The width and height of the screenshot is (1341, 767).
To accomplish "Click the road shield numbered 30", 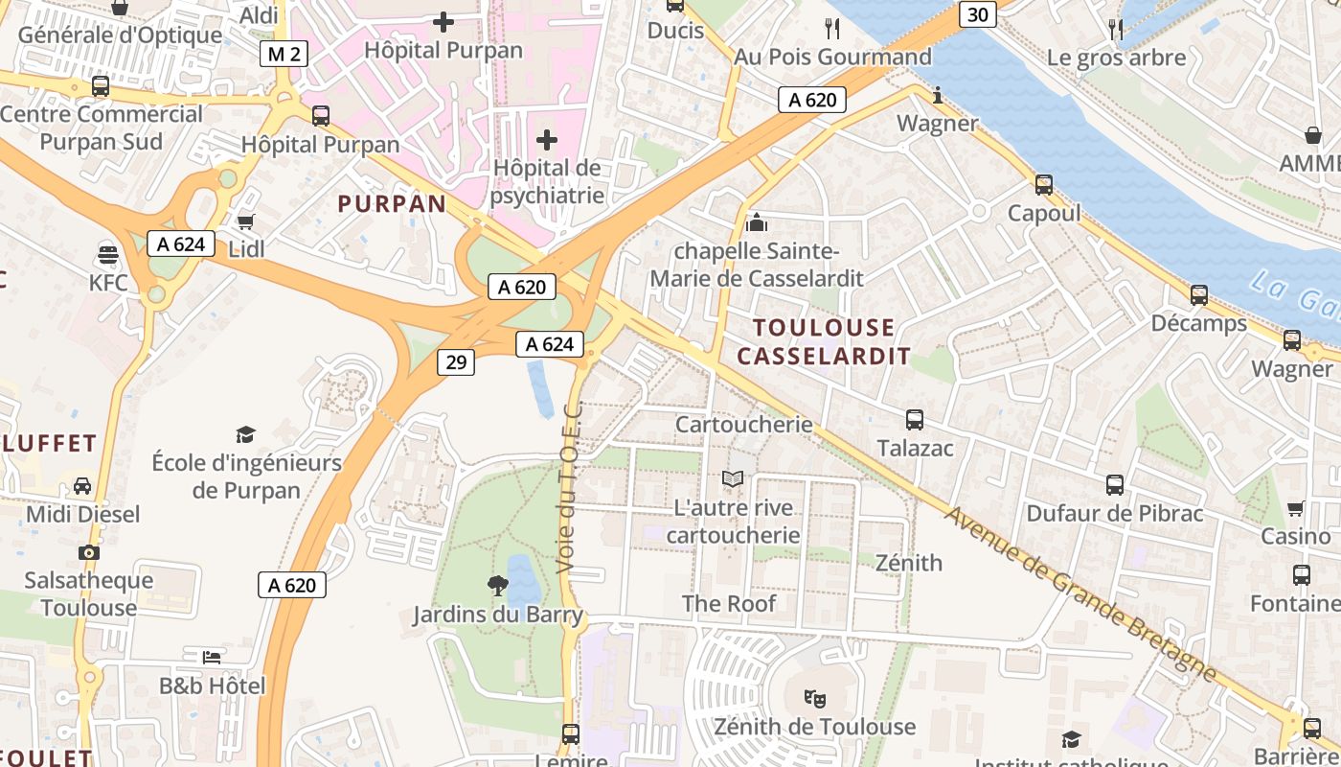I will pyautogui.click(x=977, y=14).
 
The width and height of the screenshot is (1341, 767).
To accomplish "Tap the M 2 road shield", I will pyautogui.click(x=284, y=54).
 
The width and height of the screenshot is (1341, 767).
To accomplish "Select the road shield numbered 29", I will pyautogui.click(x=457, y=361).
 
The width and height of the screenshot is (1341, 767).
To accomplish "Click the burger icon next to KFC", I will pyautogui.click(x=107, y=255).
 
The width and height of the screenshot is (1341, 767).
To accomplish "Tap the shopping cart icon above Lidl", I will pyautogui.click(x=246, y=221).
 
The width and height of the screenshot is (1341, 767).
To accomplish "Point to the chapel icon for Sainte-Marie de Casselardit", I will pyautogui.click(x=757, y=223).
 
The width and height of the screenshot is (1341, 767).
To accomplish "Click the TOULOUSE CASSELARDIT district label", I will pyautogui.click(x=824, y=342).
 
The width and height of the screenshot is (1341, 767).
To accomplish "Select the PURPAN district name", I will pyautogui.click(x=392, y=203).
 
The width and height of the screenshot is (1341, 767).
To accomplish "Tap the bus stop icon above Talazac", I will pyautogui.click(x=915, y=419).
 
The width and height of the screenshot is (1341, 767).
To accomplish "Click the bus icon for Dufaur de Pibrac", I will pyautogui.click(x=1115, y=485).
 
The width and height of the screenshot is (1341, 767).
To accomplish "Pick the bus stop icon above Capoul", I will pyautogui.click(x=1044, y=185).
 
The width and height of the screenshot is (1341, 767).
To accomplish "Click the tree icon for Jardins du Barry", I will pyautogui.click(x=497, y=585).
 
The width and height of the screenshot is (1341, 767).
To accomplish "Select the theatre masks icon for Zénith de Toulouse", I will pyautogui.click(x=814, y=698).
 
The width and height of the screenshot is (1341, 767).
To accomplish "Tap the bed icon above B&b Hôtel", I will pyautogui.click(x=212, y=657).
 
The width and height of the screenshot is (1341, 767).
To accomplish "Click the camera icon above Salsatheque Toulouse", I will pyautogui.click(x=89, y=552).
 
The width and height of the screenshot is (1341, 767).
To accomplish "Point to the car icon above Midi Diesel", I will pyautogui.click(x=82, y=485).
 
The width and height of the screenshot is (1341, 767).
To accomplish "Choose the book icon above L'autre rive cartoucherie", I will pyautogui.click(x=733, y=478).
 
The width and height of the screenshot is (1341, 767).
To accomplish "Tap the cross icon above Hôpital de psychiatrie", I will pyautogui.click(x=547, y=141).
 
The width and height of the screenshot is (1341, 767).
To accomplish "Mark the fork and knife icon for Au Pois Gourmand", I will pyautogui.click(x=831, y=29).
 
